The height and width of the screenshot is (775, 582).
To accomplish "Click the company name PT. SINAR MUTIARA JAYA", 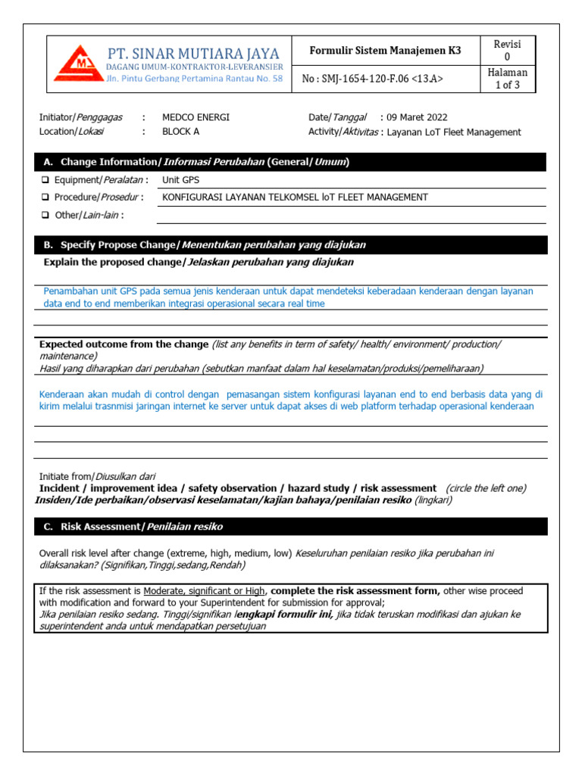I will [193, 54].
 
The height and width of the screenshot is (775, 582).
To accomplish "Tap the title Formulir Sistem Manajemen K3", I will [385, 51].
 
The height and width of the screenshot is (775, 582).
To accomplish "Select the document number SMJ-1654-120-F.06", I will [373, 78].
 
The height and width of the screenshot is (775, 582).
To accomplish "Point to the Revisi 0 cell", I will [508, 51].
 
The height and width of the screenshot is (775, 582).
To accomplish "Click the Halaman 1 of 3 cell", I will [508, 78].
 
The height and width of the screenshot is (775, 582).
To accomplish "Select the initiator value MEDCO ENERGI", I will [196, 117].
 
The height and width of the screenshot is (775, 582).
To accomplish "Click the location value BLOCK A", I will [181, 132].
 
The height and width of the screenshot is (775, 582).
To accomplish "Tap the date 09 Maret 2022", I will [417, 117].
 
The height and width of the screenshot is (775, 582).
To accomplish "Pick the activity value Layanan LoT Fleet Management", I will [454, 132].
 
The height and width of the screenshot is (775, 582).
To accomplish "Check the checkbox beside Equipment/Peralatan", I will [45, 180].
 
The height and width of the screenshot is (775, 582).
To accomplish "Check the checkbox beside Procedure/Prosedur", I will [45, 198].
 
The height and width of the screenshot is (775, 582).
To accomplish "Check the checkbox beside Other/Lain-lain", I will [45, 215].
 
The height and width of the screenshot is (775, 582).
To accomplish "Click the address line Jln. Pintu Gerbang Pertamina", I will [194, 79].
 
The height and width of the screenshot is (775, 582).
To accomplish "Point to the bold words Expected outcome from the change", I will [124, 344].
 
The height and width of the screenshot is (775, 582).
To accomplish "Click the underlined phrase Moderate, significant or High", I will [204, 591].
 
